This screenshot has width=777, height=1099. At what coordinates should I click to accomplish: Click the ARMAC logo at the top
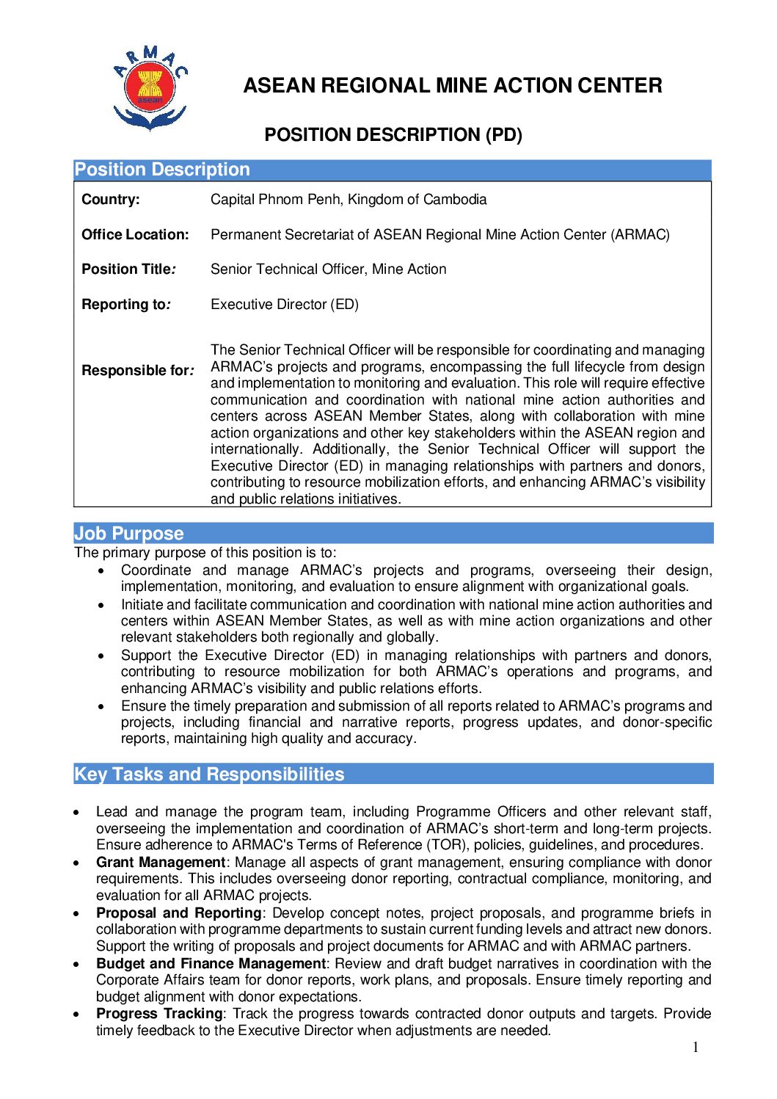pyautogui.click(x=150, y=87)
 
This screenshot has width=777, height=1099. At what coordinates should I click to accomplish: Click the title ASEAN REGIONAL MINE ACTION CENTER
pyautogui.click(x=452, y=86)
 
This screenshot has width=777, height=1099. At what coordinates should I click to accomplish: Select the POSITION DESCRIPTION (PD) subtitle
pyautogui.click(x=393, y=135)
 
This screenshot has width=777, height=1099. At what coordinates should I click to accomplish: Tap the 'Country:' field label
pyautogui.click(x=111, y=200)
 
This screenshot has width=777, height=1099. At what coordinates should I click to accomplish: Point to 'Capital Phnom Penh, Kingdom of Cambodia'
pyautogui.click(x=349, y=200)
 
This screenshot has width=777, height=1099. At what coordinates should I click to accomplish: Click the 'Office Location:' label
pyautogui.click(x=135, y=235)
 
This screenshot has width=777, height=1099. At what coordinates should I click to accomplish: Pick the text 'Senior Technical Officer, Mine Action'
pyautogui.click(x=328, y=269)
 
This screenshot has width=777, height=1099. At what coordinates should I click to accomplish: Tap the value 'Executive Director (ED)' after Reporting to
pyautogui.click(x=285, y=305)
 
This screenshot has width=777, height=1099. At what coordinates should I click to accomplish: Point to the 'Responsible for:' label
pyautogui.click(x=138, y=371)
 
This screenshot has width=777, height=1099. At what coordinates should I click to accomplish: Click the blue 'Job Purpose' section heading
pyautogui.click(x=129, y=534)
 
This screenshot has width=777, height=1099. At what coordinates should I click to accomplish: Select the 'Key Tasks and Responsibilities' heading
pyautogui.click(x=209, y=775)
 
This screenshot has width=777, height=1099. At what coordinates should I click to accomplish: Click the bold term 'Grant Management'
pyautogui.click(x=161, y=863)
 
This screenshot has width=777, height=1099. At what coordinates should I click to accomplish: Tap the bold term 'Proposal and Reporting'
pyautogui.click(x=178, y=913)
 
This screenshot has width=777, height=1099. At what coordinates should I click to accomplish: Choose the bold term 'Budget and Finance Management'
pyautogui.click(x=211, y=964)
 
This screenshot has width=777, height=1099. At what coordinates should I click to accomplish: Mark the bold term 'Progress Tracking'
pyautogui.click(x=159, y=1014)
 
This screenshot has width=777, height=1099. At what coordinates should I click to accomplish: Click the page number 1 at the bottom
pyautogui.click(x=696, y=1048)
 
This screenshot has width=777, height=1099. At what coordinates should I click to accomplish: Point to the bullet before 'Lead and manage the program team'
pyautogui.click(x=77, y=813)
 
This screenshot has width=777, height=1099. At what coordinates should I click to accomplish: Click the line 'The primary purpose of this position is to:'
pyautogui.click(x=205, y=553)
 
